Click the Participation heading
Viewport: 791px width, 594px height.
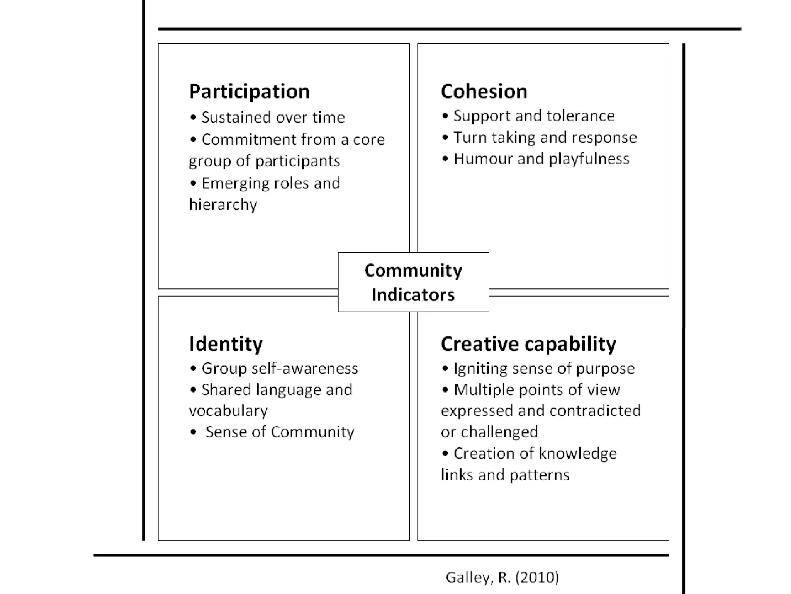point(249,92)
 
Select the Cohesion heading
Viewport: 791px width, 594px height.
point(484,92)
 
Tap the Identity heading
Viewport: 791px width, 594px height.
point(226,344)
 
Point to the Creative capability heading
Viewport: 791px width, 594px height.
point(528,344)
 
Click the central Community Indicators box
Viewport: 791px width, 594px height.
point(413,282)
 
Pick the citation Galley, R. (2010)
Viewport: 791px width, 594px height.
point(502,577)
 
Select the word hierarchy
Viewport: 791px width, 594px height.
point(223,205)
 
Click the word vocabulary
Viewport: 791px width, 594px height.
point(228,411)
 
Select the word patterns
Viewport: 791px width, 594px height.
point(539,475)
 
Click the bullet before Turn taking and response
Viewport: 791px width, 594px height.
point(445,137)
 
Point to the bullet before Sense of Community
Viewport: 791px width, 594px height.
point(193,432)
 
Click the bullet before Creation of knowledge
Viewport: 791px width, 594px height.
point(445,453)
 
